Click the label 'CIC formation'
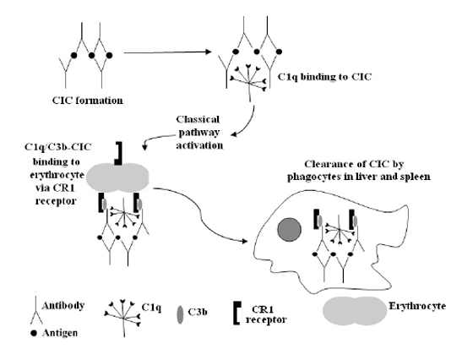(x=88, y=101)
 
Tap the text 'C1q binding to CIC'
(x=324, y=77)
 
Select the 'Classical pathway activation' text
(x=199, y=133)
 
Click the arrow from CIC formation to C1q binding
(x=167, y=52)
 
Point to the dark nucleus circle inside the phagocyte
(x=289, y=230)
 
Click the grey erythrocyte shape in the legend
(x=355, y=311)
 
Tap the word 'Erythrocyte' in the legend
(x=417, y=306)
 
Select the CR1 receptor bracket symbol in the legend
(x=236, y=313)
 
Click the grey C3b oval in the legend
(x=180, y=314)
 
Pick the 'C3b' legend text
(x=198, y=312)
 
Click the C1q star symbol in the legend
(x=123, y=317)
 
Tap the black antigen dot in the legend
(x=34, y=333)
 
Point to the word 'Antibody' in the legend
(x=63, y=305)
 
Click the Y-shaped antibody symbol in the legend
(x=35, y=310)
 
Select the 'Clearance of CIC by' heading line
(x=354, y=164)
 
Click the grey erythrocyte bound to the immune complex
(x=117, y=177)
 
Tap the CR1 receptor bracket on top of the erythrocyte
(x=118, y=154)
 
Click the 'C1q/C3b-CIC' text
(x=57, y=147)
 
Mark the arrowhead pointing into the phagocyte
(x=245, y=241)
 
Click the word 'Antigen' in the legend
(x=60, y=333)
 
